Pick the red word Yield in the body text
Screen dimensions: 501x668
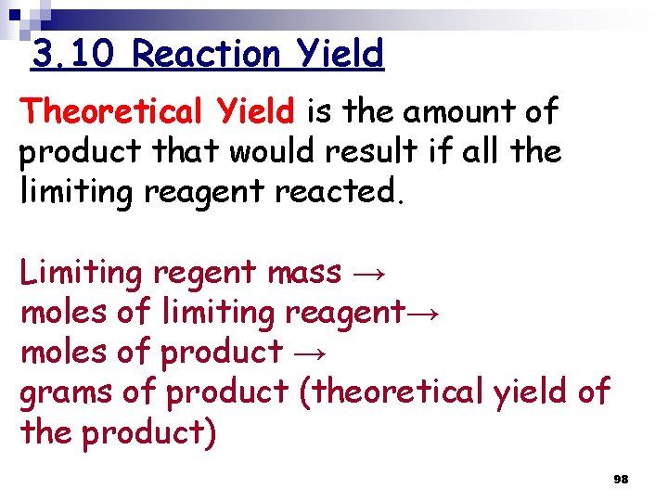click(x=255, y=111)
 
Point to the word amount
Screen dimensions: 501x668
click(x=452, y=111)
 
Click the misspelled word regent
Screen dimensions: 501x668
click(x=205, y=273)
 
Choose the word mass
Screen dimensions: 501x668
click(x=304, y=273)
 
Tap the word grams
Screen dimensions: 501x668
click(x=66, y=392)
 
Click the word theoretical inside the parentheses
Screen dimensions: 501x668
click(x=396, y=392)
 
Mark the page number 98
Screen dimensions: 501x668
click(x=621, y=479)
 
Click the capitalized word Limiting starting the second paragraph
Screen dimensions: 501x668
click(x=82, y=273)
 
